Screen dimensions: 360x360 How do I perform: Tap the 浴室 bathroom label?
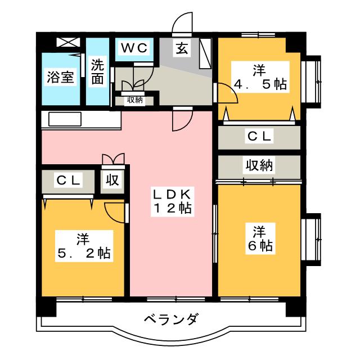point(60,77)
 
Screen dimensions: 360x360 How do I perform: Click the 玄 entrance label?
point(182,48)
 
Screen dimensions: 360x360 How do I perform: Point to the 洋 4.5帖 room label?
point(259,78)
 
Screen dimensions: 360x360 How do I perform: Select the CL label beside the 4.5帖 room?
point(259,136)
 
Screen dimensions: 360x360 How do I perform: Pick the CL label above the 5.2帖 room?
point(69,181)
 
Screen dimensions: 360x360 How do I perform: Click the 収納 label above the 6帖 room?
point(258,165)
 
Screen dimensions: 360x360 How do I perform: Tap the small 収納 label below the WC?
point(134,100)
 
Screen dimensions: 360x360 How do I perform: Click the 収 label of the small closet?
point(112,181)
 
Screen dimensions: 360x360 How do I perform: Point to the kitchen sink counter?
point(66,119)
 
